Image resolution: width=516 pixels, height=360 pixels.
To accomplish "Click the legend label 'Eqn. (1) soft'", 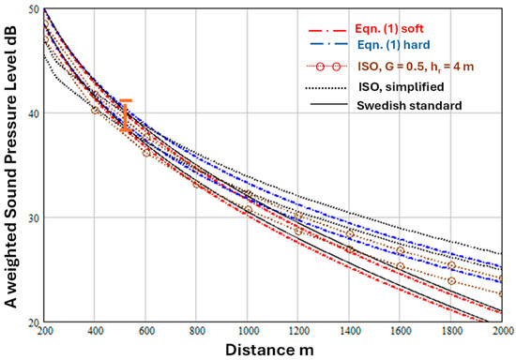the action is [x=389, y=29].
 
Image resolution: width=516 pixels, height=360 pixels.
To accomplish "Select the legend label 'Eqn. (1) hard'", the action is [x=394, y=45].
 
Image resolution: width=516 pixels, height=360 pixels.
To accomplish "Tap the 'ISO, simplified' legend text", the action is [x=402, y=87].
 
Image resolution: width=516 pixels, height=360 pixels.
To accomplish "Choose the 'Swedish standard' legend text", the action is [x=409, y=106].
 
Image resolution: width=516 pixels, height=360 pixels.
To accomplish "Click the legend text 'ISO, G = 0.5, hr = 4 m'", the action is [x=416, y=67].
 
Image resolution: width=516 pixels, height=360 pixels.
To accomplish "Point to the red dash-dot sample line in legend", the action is [x=327, y=31].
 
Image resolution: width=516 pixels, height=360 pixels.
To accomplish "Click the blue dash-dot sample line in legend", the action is [x=328, y=44].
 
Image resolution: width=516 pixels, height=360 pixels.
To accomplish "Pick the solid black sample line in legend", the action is [x=328, y=105].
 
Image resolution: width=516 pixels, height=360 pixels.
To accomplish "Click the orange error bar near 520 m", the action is [x=126, y=115].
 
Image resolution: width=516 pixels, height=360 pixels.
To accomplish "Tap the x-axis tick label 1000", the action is [x=248, y=330].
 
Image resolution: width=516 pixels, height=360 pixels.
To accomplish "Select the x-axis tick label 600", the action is [x=146, y=330].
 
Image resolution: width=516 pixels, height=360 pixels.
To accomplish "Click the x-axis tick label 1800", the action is [x=451, y=330].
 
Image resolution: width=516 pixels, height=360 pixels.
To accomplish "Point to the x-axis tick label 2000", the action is [x=503, y=330].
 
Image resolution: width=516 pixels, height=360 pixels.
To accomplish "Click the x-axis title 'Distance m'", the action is [x=269, y=350].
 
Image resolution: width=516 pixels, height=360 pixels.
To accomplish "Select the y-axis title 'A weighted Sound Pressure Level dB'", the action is [x=10, y=167].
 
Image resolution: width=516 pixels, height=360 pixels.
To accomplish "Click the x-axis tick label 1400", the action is [x=350, y=330].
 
